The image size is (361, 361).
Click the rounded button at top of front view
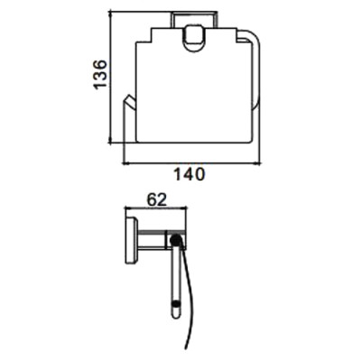point(191,41)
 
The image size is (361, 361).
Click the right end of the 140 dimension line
point(263,163)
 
